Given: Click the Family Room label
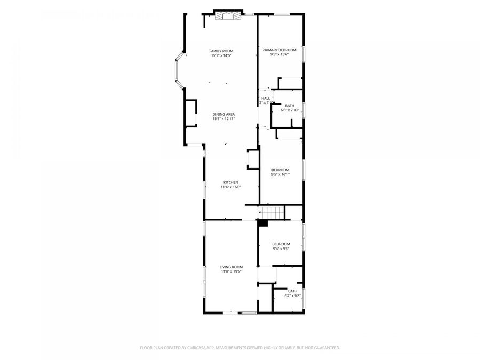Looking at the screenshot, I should coord(221,51).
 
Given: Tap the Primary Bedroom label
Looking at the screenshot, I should coord(279,50).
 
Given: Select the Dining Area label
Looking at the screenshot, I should coord(223,114).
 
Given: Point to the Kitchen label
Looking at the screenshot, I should coord(231,182).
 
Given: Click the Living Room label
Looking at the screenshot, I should coord(231,267).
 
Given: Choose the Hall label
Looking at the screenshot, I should coord(265,98).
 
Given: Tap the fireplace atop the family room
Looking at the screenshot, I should coord(228,16).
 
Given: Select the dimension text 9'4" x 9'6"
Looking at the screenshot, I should coord(281,249).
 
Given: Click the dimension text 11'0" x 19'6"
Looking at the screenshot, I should coord(231,271).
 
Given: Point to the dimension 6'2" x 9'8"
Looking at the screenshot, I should coord(293,295).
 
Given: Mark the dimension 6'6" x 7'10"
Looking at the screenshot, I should coord(290,110).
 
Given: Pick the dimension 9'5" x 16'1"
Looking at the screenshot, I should coord(280,174).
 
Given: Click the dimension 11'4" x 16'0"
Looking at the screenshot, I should coord(231,187).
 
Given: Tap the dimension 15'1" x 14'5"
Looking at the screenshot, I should coord(221,55).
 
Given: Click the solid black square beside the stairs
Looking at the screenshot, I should coord(262,223).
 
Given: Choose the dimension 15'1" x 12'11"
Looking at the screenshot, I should coord(223,119).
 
